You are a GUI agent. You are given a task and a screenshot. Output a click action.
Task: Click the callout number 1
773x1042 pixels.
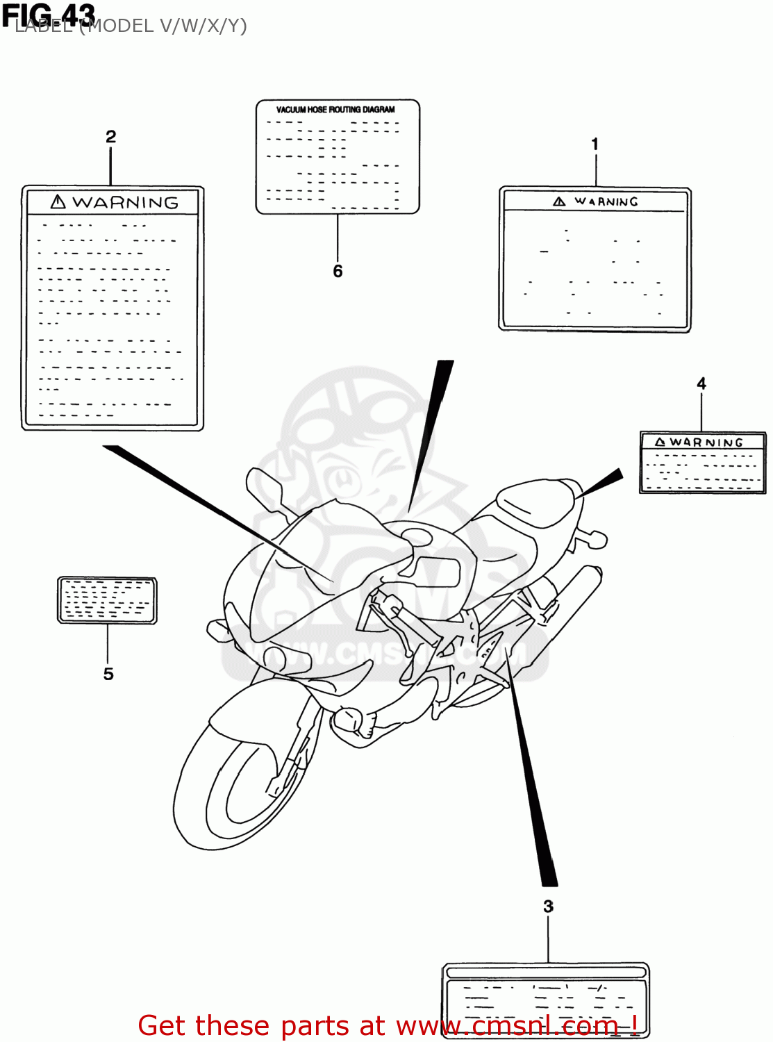click(595, 144)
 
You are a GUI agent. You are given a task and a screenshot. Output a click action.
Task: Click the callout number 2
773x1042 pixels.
click(110, 137)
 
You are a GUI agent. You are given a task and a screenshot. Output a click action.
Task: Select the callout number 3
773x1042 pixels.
click(548, 907)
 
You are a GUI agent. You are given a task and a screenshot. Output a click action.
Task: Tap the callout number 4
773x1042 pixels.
click(701, 383)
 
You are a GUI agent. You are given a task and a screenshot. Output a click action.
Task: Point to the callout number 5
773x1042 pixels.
click(108, 674)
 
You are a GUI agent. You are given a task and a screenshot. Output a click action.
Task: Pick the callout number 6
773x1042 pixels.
click(338, 271)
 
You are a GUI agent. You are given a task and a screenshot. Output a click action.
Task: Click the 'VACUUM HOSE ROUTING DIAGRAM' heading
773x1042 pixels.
click(335, 110)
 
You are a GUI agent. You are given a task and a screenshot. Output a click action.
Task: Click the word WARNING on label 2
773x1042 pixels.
click(125, 203)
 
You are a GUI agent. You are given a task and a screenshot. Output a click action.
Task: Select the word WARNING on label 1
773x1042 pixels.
click(606, 201)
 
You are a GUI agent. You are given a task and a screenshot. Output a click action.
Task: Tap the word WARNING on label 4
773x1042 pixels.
click(706, 443)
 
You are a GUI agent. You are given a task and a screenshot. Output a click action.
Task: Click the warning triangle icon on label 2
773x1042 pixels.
click(58, 202)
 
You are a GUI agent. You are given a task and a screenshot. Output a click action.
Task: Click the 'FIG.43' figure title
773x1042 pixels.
click(49, 14)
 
